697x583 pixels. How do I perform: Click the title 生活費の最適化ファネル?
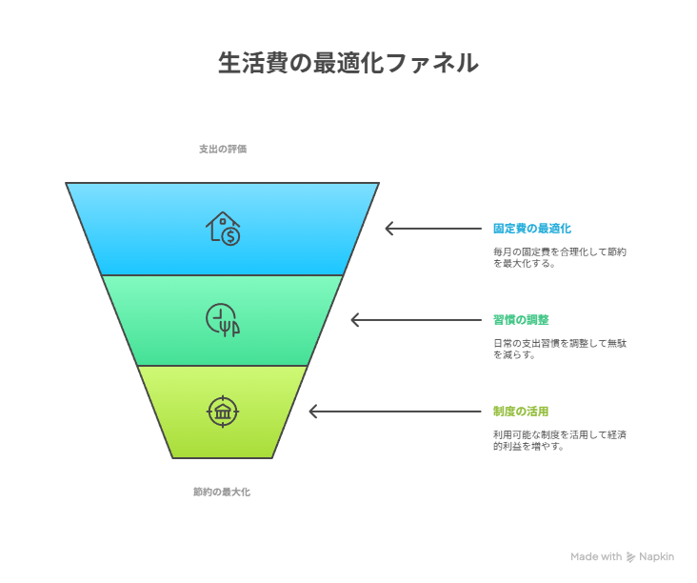click(x=348, y=63)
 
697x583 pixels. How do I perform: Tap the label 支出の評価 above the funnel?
click(x=223, y=149)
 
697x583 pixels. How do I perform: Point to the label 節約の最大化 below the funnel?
click(x=222, y=492)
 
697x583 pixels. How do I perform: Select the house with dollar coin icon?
click(x=223, y=229)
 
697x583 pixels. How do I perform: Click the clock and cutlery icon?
click(x=223, y=320)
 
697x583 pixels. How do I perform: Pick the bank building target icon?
click(x=223, y=412)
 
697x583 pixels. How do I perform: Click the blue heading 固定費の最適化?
click(x=532, y=229)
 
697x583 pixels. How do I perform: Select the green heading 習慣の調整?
click(x=521, y=320)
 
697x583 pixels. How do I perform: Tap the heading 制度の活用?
click(x=521, y=412)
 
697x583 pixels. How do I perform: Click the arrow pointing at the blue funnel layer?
click(x=433, y=229)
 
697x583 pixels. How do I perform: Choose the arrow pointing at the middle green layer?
click(x=416, y=320)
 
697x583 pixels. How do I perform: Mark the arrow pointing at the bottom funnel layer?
click(x=395, y=412)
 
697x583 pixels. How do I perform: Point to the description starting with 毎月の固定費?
click(x=560, y=257)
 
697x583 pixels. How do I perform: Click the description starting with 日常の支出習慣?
click(x=560, y=349)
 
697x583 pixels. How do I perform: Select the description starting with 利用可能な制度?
click(x=560, y=440)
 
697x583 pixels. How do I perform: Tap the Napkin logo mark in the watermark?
click(x=630, y=556)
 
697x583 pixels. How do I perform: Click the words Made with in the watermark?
click(x=596, y=556)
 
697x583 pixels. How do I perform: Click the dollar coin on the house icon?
click(x=230, y=236)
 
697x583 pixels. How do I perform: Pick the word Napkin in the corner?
click(x=657, y=556)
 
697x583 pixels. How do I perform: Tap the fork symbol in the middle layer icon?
click(x=225, y=328)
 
